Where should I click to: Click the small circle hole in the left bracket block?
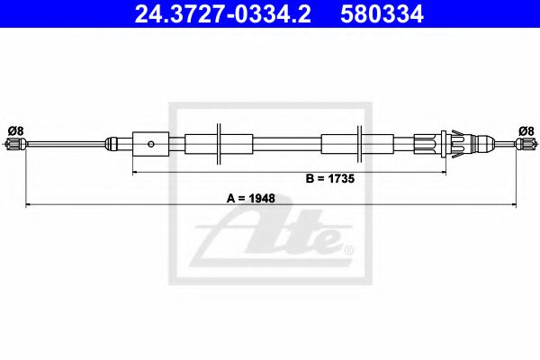(152, 142)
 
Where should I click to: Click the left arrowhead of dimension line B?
(136, 171)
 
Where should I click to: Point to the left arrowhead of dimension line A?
(27, 205)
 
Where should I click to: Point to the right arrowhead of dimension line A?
(516, 205)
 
